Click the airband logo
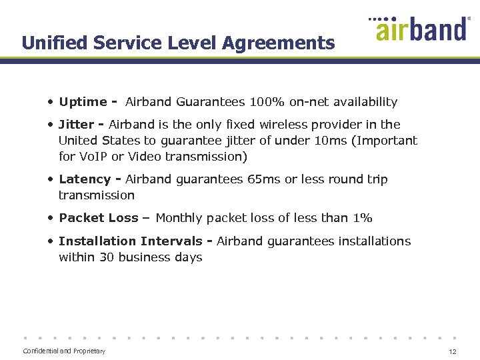click(420, 29)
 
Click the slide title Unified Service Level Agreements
click(178, 43)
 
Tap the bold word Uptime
click(83, 102)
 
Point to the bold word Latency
click(84, 179)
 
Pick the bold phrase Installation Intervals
click(130, 241)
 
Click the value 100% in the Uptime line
click(267, 102)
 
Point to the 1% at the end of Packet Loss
click(363, 218)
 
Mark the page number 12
click(453, 351)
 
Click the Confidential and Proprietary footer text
click(64, 351)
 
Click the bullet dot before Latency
click(51, 179)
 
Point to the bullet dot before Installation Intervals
click(51, 241)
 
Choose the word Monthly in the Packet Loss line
click(179, 218)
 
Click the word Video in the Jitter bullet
click(144, 157)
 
